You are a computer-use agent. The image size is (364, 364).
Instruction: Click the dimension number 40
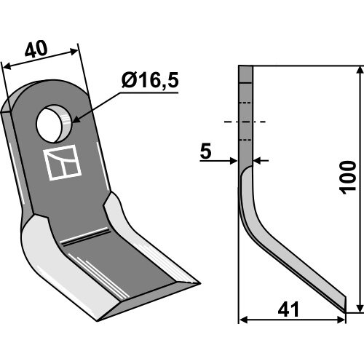click(x=36, y=50)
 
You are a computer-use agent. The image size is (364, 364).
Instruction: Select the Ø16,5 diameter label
click(x=150, y=81)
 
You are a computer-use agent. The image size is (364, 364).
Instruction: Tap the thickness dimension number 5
click(x=206, y=151)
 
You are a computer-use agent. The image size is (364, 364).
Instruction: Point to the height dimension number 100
click(x=348, y=178)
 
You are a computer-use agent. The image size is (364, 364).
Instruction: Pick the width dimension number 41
click(x=288, y=309)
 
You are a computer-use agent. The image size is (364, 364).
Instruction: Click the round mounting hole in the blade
click(x=54, y=124)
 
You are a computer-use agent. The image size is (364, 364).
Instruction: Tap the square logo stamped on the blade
click(x=62, y=162)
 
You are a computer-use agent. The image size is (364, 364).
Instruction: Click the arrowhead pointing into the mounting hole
click(x=76, y=119)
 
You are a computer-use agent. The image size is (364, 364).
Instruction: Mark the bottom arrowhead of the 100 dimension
click(x=360, y=307)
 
